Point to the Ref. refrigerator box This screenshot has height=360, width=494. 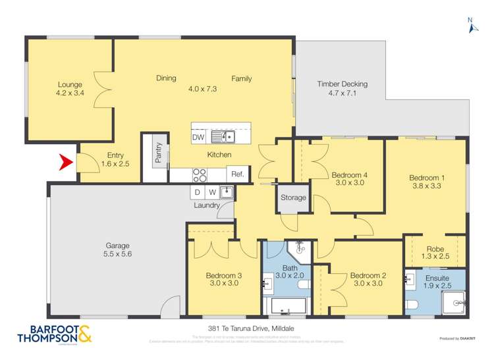pyautogui.click(x=236, y=174)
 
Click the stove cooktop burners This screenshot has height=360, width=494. pyautogui.click(x=199, y=174)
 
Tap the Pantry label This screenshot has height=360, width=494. pyautogui.click(x=159, y=153)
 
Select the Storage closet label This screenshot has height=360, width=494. pyautogui.click(x=293, y=197)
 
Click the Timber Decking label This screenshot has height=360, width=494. pyautogui.click(x=342, y=84)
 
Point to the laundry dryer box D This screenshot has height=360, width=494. pyautogui.click(x=197, y=192)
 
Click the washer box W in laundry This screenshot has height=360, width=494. pyautogui.click(x=211, y=192)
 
